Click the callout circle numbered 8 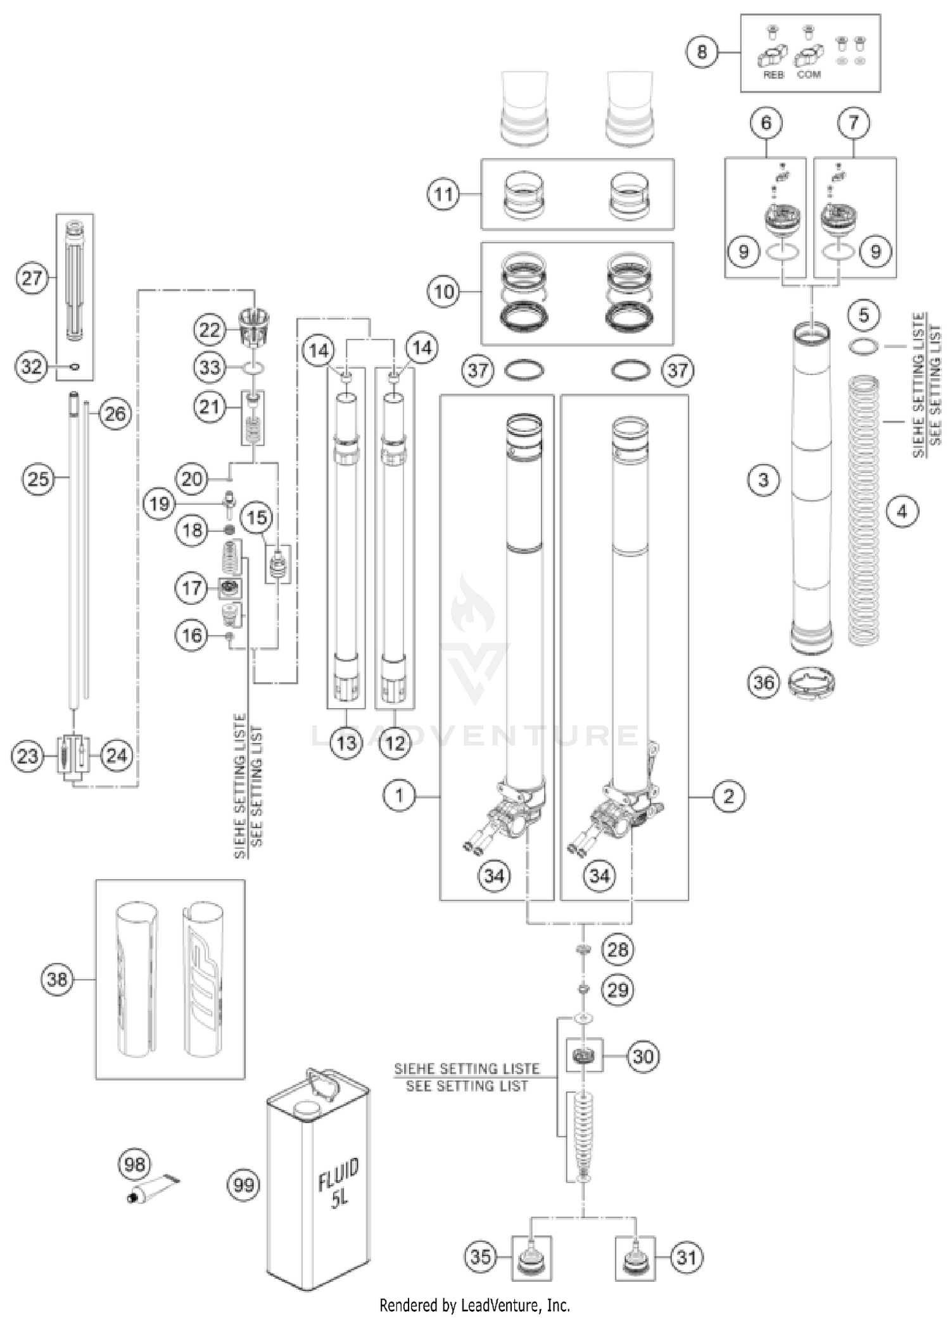[x=702, y=51]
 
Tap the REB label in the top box [x=773, y=75]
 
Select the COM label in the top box [x=809, y=75]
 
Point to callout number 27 [x=32, y=277]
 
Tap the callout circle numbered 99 [x=244, y=1184]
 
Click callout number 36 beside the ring [x=763, y=681]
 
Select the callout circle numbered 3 [x=763, y=479]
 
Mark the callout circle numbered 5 [x=864, y=315]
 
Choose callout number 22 [x=210, y=329]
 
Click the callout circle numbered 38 [x=57, y=979]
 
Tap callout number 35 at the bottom [x=481, y=1257]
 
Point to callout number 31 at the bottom [x=687, y=1257]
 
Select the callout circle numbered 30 [x=643, y=1056]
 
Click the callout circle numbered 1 [x=399, y=795]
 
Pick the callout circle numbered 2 [x=728, y=796]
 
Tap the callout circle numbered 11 [x=443, y=194]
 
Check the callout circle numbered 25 [x=38, y=478]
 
